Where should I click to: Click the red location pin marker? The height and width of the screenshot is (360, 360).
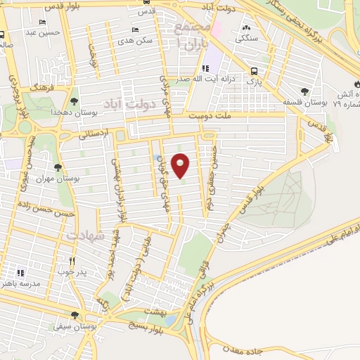pyautogui.click(x=181, y=165)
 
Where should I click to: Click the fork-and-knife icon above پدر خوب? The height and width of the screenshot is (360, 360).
pyautogui.click(x=72, y=260)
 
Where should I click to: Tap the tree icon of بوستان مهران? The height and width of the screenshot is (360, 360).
pyautogui.click(x=58, y=167)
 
